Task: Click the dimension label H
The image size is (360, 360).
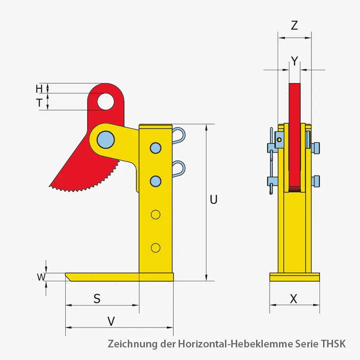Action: tap(39, 89)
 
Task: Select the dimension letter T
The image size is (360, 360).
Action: tap(40, 103)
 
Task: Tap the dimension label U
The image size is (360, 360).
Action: tap(213, 199)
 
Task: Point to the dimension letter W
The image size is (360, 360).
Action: tap(41, 277)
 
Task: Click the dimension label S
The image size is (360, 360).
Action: tap(97, 299)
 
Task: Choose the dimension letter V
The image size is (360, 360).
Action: tap(111, 321)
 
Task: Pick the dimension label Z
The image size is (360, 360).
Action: tap(294, 26)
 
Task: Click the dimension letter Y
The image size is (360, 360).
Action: tap(295, 61)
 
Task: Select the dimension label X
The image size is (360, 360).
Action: tap(294, 299)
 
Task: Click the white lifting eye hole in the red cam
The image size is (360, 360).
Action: tap(106, 102)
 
